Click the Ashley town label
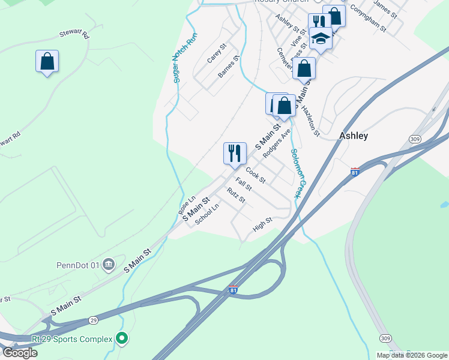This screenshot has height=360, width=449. (x=354, y=136)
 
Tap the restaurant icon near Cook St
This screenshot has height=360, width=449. (x=235, y=153)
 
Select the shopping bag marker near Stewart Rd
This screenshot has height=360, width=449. (x=47, y=61)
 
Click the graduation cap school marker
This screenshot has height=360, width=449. (x=321, y=39)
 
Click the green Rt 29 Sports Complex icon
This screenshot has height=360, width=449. (x=122, y=339)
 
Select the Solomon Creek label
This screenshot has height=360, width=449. (x=296, y=173)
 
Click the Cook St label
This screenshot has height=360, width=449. (x=255, y=175)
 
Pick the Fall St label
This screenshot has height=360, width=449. (x=244, y=184)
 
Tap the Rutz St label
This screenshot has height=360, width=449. (x=235, y=195)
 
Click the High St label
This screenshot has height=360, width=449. (x=263, y=224)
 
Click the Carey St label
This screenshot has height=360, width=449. (x=215, y=53)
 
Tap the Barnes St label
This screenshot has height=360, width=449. (x=229, y=67)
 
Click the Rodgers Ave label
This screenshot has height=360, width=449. (x=277, y=143)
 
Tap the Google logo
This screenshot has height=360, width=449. (x=20, y=353)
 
